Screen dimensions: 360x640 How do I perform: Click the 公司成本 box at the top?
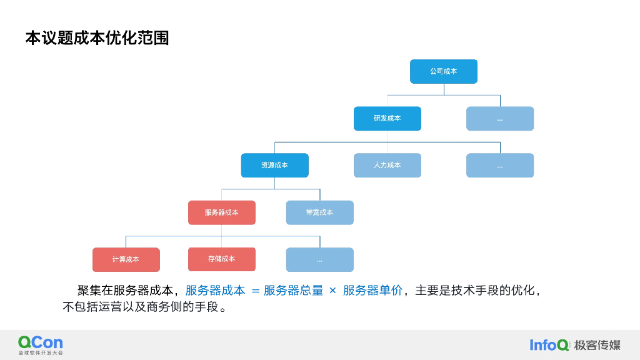point(444,71)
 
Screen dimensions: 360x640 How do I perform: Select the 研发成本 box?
point(387,118)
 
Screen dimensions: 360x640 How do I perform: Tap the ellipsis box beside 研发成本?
point(500,118)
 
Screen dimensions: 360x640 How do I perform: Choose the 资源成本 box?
point(275,165)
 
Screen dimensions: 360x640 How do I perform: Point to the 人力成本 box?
point(387,165)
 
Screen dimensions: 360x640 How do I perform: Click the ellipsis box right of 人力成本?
point(500,165)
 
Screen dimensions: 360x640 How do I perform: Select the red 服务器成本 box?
point(222,212)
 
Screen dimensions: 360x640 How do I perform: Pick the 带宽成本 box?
point(319,212)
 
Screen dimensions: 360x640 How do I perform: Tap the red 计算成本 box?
point(126,259)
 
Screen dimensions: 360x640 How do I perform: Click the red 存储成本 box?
point(222,259)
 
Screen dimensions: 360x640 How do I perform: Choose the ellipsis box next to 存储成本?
point(319,259)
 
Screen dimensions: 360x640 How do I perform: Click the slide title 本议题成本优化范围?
point(97,38)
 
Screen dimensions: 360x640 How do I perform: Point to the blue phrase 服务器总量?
point(293,291)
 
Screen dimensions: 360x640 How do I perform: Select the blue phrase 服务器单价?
point(372,291)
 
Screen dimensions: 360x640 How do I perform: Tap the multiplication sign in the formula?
point(332,291)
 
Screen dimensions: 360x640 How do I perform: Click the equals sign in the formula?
point(255,291)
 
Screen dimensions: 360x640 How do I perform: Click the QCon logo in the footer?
point(41,344)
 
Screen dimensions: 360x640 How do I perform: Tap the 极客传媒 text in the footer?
point(597,345)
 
